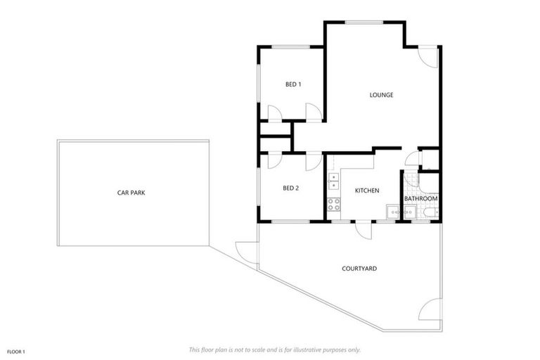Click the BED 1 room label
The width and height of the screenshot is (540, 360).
point(293,84)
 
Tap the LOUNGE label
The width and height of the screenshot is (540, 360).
point(381,95)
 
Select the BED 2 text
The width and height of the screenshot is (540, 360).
point(291,188)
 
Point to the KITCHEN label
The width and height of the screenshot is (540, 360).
point(367,191)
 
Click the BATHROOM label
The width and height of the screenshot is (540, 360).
point(420,199)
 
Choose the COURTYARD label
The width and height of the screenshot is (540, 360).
point(359,269)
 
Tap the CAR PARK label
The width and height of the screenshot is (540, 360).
point(131,192)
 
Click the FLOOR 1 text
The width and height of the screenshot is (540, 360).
point(16,351)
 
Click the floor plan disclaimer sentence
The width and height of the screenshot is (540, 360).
point(274,349)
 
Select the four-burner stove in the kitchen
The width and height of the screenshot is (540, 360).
point(333,205)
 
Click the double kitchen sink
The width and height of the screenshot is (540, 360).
point(333,181)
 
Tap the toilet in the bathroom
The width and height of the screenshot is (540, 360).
point(430,212)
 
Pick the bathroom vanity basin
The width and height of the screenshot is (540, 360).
point(408,211)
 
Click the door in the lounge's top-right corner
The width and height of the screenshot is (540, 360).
point(428,57)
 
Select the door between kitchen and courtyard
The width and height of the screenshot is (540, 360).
point(363,229)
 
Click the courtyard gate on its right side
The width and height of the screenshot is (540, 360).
point(432,309)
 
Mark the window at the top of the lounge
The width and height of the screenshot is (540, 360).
point(364,22)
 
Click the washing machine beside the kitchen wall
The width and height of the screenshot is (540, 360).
point(391,212)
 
